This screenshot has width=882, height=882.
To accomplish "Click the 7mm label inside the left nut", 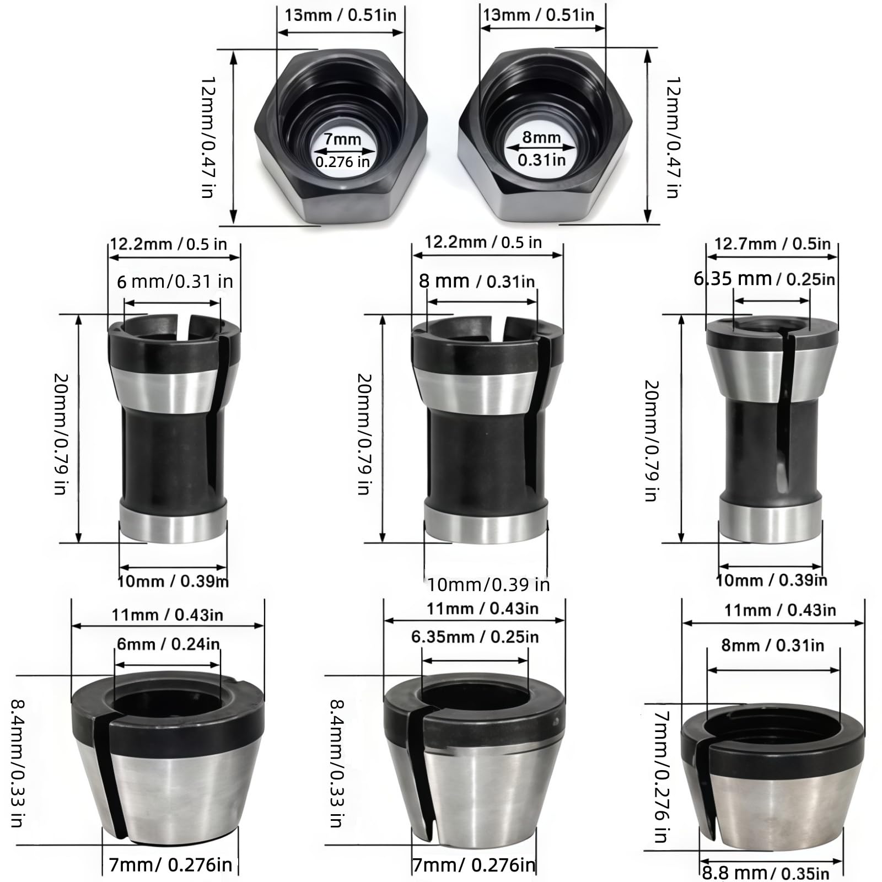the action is click(342, 139).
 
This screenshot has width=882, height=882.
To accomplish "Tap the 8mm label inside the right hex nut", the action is click(541, 137).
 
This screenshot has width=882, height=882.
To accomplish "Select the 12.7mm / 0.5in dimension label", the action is click(772, 244).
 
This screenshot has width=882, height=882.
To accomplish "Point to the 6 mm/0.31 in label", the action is click(175, 282).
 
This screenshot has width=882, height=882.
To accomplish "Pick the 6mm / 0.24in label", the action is click(168, 644).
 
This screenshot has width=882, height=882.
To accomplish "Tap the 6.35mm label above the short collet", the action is click(443, 637).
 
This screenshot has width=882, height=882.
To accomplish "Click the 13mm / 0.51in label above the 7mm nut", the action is click(340, 15).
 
